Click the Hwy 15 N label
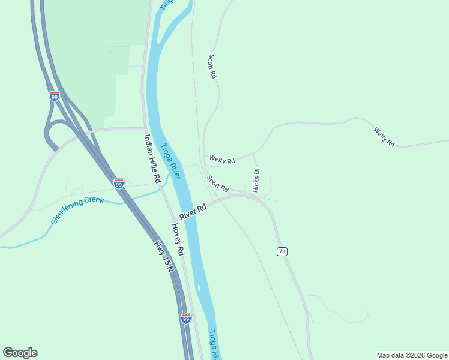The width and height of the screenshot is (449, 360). click(x=163, y=256)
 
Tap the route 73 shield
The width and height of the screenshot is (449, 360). click(x=282, y=251)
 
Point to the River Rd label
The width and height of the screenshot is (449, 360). click(x=193, y=211)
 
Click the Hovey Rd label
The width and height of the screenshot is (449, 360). click(x=177, y=239)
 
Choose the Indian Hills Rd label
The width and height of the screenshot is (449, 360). click(x=152, y=158)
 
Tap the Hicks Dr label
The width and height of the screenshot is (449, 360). click(x=256, y=180)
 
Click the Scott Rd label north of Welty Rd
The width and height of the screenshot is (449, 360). click(x=212, y=67)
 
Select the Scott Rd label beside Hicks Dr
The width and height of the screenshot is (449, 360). click(x=218, y=184)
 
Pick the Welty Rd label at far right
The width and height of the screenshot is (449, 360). click(x=384, y=137)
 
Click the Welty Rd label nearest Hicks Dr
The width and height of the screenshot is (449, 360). click(x=221, y=160)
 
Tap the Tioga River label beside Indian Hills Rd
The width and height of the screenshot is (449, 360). click(x=170, y=160)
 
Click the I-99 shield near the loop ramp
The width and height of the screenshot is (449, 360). click(x=55, y=96)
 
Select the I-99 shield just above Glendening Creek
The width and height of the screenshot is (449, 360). click(x=119, y=184)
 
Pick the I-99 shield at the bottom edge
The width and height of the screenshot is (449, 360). click(x=186, y=318)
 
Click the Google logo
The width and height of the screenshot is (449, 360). click(x=20, y=353)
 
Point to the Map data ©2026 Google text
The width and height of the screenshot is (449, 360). click(x=412, y=355)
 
